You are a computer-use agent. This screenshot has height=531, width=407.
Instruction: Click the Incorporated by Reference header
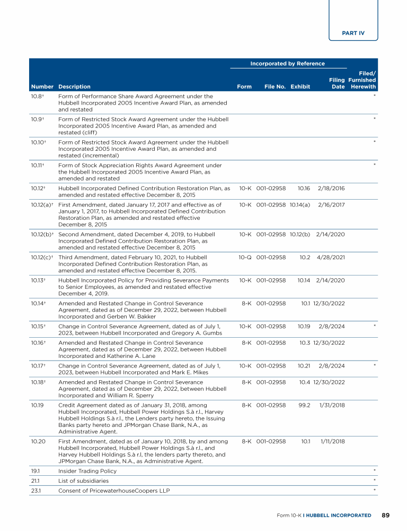coord(287,64)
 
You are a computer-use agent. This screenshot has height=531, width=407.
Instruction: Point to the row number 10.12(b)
coord(43,234)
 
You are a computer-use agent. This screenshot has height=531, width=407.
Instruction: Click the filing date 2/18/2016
coord(331,188)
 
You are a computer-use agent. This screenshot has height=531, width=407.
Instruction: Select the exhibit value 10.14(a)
coord(300,204)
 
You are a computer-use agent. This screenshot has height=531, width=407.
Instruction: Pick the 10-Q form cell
coord(245,257)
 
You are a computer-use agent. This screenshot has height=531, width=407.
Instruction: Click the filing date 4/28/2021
coord(331,257)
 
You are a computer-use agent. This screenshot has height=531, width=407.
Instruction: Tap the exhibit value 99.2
coord(302,405)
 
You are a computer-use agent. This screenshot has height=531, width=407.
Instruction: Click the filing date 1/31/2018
coord(332,405)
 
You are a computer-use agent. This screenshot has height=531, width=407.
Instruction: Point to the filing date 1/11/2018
coord(332,441)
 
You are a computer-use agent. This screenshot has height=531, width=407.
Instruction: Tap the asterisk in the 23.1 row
coord(375,490)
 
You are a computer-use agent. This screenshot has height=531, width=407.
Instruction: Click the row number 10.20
coord(39,441)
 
